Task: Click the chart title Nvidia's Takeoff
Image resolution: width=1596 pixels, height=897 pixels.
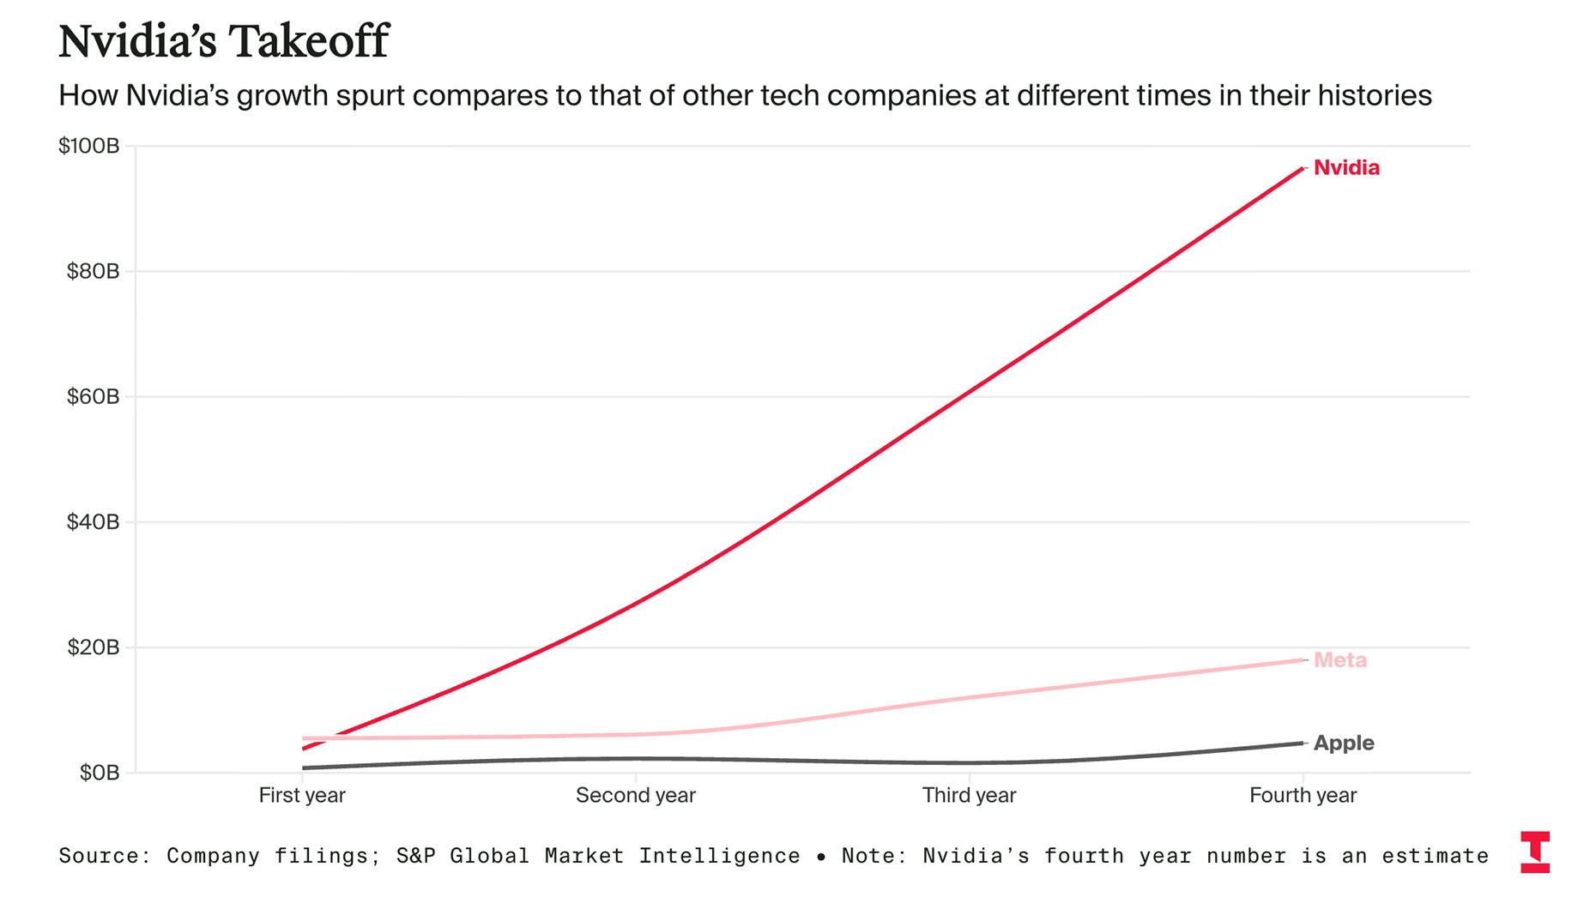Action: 223,41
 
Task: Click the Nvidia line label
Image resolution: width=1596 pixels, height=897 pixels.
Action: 1346,168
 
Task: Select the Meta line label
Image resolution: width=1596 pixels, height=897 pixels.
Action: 1339,660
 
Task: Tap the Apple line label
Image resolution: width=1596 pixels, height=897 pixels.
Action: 1344,743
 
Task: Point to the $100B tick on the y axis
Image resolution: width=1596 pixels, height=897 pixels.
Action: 88,146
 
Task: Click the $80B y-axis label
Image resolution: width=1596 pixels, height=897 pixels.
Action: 93,272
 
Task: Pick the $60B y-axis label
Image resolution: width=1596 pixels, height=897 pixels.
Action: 93,397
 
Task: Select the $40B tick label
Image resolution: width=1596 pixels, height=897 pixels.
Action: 93,522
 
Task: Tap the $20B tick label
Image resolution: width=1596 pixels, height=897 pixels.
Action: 93,647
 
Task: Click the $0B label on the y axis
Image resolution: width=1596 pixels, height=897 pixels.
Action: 99,773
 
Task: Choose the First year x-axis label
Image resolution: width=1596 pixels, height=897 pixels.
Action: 302,796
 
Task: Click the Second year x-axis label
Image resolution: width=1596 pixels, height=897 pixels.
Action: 635,796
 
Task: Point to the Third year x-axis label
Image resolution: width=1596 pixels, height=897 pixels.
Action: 969,796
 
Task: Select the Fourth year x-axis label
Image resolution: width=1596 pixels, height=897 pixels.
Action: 1303,796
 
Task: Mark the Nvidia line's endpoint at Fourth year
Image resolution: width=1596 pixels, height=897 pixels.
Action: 1302,168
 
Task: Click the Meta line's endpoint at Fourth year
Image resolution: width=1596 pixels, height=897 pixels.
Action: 1302,660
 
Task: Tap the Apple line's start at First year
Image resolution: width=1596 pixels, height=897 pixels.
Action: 304,768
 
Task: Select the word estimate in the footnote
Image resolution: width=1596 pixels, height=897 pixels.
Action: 1435,856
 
